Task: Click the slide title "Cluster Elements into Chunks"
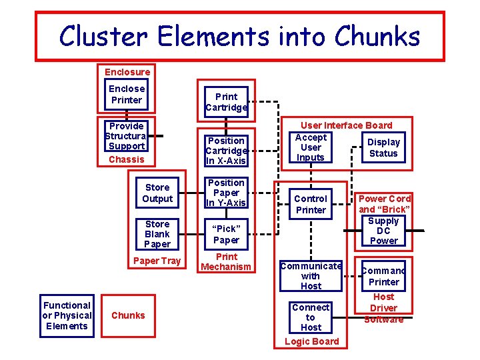(x=239, y=35)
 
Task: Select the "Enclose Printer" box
(x=127, y=94)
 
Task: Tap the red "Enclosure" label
(x=127, y=71)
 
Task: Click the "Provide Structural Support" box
(x=127, y=136)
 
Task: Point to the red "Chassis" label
(x=126, y=159)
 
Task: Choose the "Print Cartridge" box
(x=226, y=101)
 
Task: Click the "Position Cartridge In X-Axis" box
(x=226, y=151)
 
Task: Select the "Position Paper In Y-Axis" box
(x=226, y=193)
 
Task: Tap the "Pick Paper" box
(x=226, y=234)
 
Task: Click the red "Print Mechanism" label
(x=226, y=262)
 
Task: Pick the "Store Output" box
(x=157, y=193)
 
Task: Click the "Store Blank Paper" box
(x=157, y=234)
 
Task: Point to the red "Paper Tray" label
(x=157, y=261)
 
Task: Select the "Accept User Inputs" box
(x=311, y=147)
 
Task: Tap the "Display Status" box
(x=383, y=147)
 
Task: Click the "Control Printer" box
(x=311, y=204)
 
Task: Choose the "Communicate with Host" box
(x=311, y=276)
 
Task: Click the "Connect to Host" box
(x=311, y=317)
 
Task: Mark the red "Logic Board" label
(x=311, y=341)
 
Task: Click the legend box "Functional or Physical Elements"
(x=67, y=315)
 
